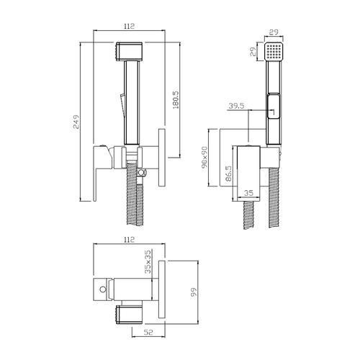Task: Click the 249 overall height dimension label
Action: (x=76, y=122)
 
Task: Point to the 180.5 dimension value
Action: (x=176, y=100)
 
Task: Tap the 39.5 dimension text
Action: (x=236, y=106)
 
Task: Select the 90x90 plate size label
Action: (x=204, y=158)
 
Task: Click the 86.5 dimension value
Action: (x=229, y=174)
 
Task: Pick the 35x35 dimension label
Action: (x=148, y=261)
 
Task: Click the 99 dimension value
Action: (x=194, y=292)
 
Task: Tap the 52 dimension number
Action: (x=148, y=332)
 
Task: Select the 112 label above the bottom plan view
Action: (x=129, y=239)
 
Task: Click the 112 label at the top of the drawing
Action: (x=129, y=26)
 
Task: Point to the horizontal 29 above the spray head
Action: (x=274, y=32)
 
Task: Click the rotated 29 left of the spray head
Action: (x=253, y=52)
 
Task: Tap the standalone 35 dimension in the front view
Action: (x=248, y=193)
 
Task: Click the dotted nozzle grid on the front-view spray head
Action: (x=274, y=52)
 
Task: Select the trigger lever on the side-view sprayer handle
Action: (x=122, y=106)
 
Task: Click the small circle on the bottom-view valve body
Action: (x=103, y=289)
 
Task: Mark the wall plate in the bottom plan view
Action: (x=162, y=289)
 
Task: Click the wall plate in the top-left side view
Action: (x=162, y=158)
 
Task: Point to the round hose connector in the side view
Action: (x=142, y=172)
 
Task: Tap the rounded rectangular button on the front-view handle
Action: (x=274, y=106)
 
